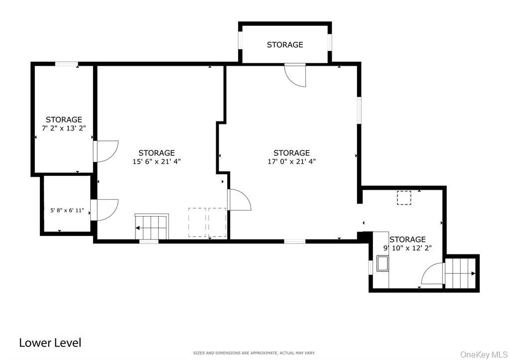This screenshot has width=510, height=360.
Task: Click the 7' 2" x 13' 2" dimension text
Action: [64, 128]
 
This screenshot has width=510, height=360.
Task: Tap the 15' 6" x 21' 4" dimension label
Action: [156, 161]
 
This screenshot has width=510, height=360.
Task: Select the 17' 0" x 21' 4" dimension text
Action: [291, 161]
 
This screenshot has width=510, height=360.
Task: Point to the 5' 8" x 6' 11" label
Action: [67, 211]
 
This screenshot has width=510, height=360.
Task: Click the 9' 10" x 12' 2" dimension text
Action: [407, 248]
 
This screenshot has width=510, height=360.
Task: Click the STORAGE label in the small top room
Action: [284, 45]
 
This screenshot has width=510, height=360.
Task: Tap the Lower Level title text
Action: [50, 343]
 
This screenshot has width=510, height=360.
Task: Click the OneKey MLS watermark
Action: [484, 354]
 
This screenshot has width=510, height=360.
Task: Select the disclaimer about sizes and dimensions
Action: [255, 353]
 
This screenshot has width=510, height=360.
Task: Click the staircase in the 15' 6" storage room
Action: [152, 227]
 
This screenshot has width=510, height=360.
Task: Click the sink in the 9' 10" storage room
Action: [382, 263]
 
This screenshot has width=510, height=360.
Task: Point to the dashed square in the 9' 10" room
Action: [404, 198]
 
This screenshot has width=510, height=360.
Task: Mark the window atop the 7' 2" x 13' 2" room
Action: [66, 64]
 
